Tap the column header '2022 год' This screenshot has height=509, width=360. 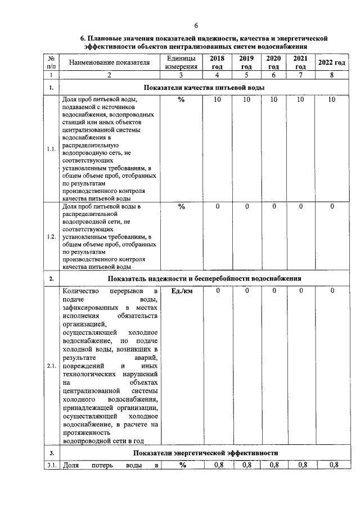[331, 62]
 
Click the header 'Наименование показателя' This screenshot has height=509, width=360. [109, 62]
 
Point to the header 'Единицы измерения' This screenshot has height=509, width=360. [181, 62]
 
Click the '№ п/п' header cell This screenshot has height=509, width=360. [51, 62]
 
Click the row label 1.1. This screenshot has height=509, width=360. [51, 149]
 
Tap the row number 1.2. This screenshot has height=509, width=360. [51, 237]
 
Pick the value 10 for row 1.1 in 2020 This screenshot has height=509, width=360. [273, 100]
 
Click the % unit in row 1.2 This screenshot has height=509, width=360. [181, 206]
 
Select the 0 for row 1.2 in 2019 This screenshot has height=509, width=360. [246, 206]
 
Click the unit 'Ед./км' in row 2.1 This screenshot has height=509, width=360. [181, 291]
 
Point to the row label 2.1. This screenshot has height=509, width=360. [51, 367]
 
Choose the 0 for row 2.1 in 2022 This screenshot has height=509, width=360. [332, 291]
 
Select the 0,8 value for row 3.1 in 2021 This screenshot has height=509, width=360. [301, 465]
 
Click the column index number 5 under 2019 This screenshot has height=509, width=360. [246, 75]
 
